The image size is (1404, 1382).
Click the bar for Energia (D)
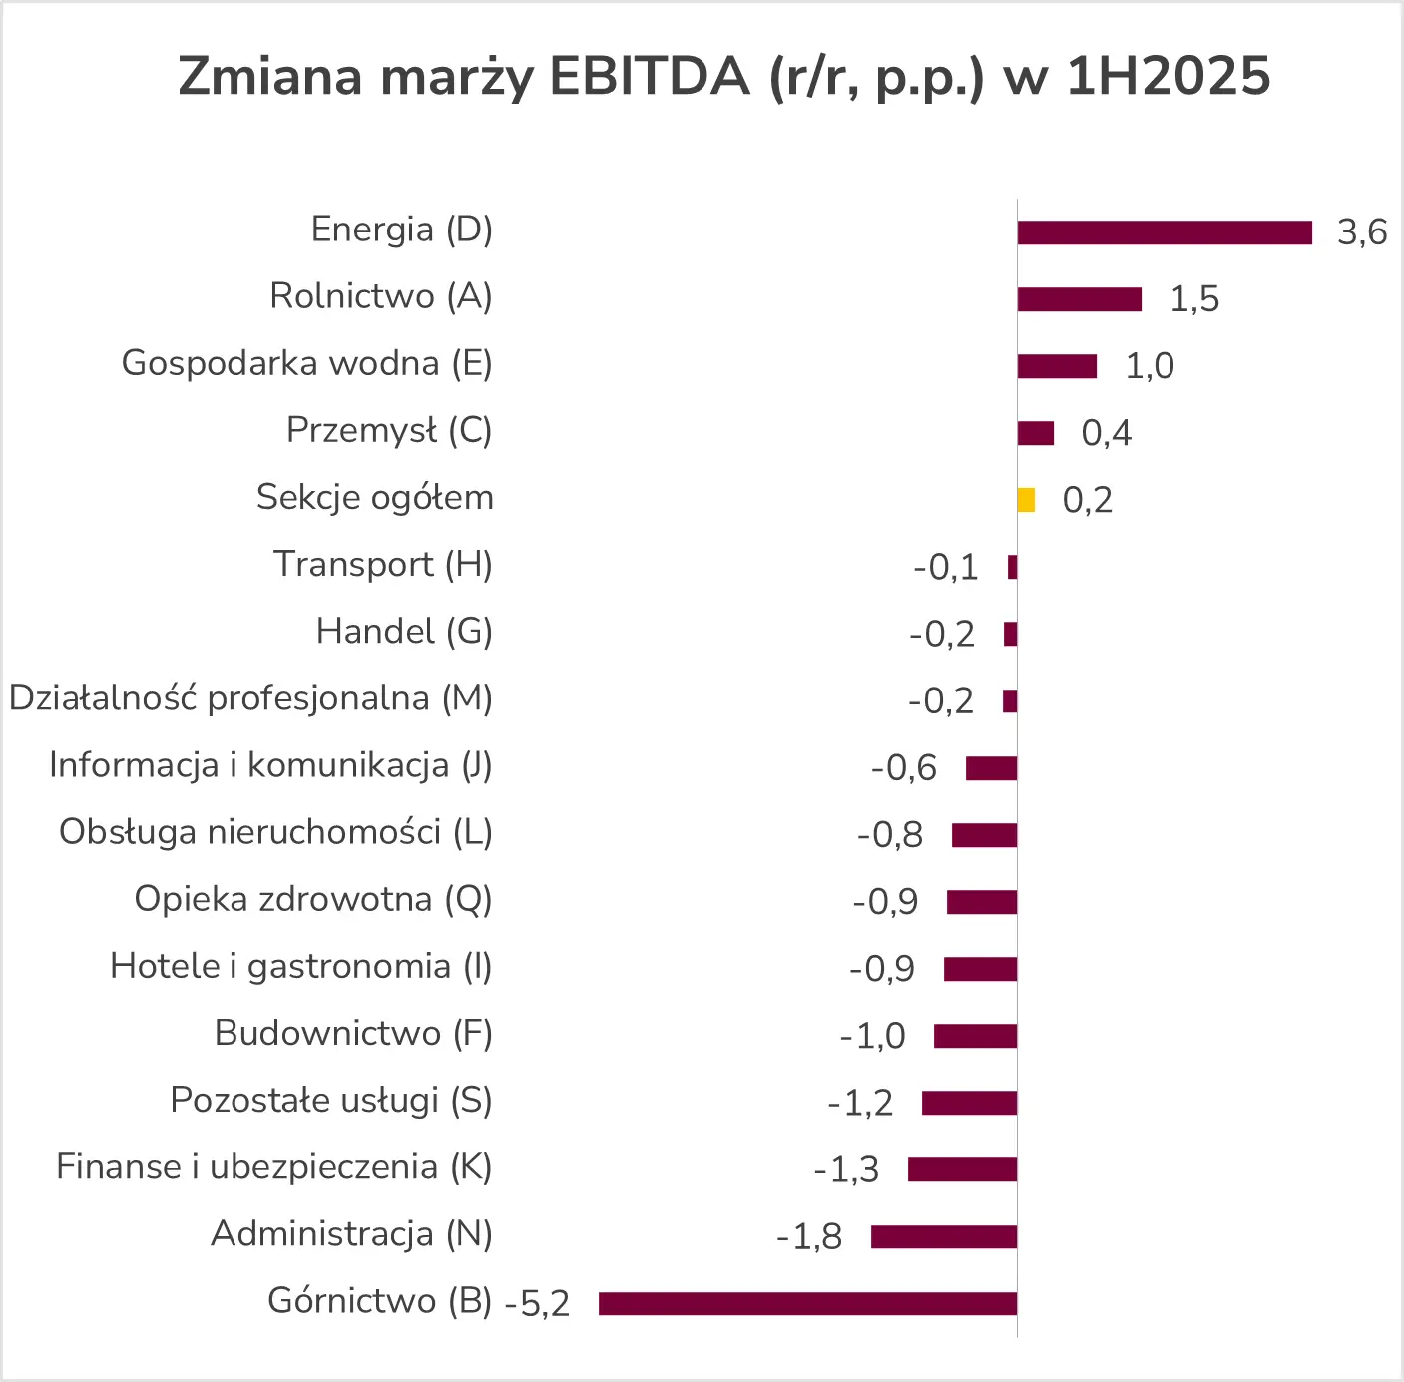[x=1165, y=232]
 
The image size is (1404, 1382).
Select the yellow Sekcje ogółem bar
[x=1026, y=500]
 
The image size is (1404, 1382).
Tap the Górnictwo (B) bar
[x=807, y=1303]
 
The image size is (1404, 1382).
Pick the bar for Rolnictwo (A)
[x=1079, y=299]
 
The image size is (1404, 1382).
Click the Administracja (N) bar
[x=943, y=1236]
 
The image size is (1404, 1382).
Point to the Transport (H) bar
[x=1012, y=567]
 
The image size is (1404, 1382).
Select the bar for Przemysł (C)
[x=1035, y=433]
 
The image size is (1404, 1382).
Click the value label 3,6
[x=1362, y=232]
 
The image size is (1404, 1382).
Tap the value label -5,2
[x=537, y=1303]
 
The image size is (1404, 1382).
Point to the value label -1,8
[x=809, y=1237]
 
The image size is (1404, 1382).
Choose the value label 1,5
[x=1193, y=299]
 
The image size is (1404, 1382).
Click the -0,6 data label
[x=903, y=768]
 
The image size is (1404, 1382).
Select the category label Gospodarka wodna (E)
[x=306, y=363]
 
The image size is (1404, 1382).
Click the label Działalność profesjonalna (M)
[x=250, y=698]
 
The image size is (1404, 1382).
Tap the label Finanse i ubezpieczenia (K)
[x=273, y=1166]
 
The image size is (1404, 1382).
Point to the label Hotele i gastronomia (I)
[x=300, y=966]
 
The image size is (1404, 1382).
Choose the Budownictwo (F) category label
[x=353, y=1033]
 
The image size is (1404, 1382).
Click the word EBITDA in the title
[x=649, y=76]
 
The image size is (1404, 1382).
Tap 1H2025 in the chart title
[x=1168, y=76]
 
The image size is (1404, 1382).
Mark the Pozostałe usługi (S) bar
[x=969, y=1103]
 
